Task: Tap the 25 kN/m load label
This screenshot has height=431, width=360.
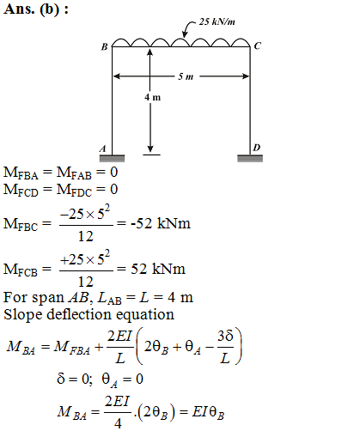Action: coord(217,21)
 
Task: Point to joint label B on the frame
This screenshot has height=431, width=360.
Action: coord(104,46)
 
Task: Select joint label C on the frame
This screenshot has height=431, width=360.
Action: coord(258,46)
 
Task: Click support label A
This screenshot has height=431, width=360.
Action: coord(103,149)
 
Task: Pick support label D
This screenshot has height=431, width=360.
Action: coord(257,148)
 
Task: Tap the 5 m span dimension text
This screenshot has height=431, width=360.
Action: coord(186,76)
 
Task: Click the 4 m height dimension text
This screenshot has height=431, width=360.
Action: coord(152,97)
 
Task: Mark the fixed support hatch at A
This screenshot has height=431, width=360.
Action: coord(112,158)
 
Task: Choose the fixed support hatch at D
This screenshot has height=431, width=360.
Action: coord(250,158)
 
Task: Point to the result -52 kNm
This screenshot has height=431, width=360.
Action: coord(161,223)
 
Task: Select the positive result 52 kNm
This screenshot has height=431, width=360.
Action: coord(158,269)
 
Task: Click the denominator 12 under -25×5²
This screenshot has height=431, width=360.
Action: coord(86,236)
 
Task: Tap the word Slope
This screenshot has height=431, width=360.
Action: coord(22,315)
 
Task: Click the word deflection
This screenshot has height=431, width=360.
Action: coord(78,314)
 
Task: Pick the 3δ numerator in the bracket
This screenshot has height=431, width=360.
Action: coord(225,336)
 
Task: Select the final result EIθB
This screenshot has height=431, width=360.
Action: coord(208,413)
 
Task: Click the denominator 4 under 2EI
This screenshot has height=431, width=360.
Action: coord(118,423)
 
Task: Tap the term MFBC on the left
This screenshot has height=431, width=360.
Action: coord(21,224)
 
